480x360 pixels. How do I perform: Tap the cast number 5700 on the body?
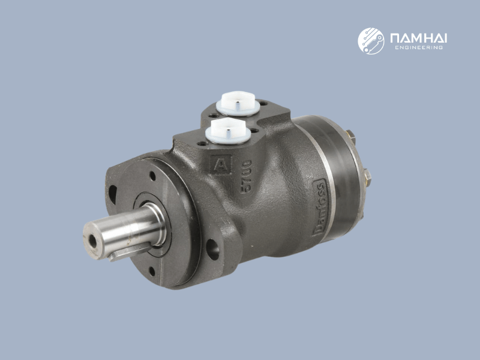(x=246, y=175)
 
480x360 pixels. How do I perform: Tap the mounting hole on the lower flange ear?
(x=212, y=248)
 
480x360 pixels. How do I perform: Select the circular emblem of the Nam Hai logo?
(x=371, y=40)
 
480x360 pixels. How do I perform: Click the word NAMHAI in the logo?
(x=418, y=38)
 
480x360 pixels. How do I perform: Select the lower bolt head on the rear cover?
(x=367, y=176)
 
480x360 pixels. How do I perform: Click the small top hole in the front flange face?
(x=151, y=177)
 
